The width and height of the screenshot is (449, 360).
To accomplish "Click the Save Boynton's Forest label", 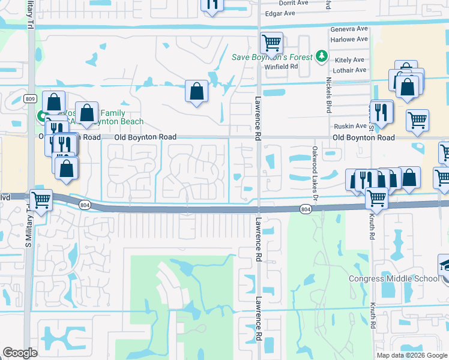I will coord(272,57).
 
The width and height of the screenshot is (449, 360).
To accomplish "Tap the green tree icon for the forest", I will coord(322,56).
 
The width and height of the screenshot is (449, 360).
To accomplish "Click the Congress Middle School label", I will coord(394,278).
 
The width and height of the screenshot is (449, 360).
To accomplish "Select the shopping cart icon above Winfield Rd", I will coord(271,43).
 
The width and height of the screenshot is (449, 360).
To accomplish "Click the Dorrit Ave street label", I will coord(294,3).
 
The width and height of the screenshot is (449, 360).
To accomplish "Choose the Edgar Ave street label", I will coord(280,13).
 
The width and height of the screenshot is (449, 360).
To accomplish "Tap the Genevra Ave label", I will coord(349,29).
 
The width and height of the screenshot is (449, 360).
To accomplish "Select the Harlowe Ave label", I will coord(349,39).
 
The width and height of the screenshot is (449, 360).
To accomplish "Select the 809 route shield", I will coord(31,98).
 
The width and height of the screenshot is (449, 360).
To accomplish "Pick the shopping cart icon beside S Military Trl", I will coord(41,200).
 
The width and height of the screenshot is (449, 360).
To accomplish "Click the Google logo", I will coord(20,353).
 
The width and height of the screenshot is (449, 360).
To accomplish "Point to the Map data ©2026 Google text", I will coord(411,355).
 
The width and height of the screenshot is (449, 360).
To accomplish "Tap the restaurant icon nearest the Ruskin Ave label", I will coord(381,111).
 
